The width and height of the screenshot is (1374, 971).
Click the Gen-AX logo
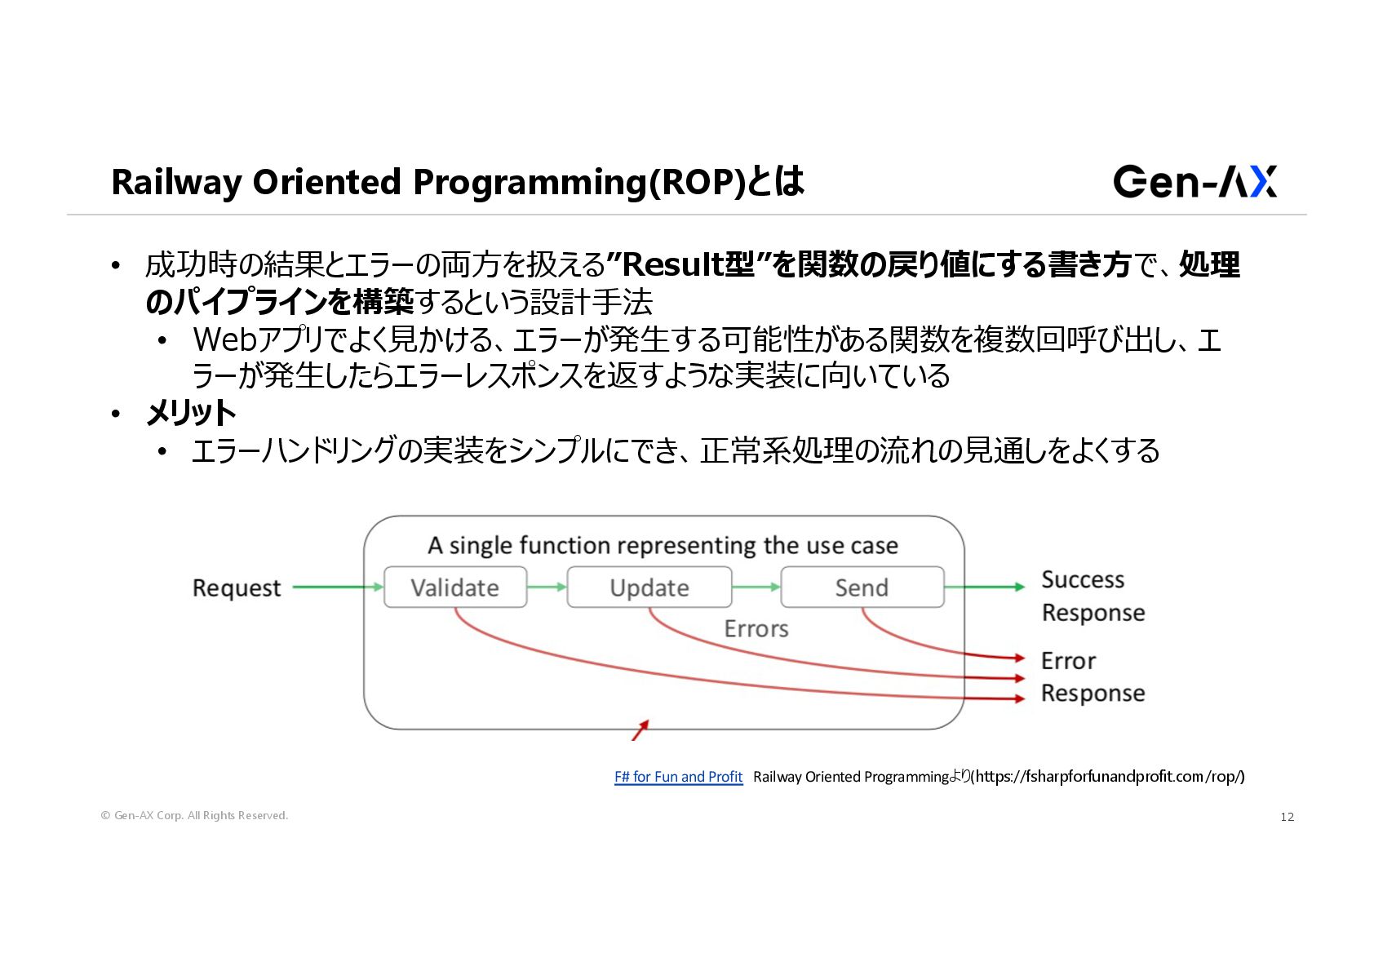1194,181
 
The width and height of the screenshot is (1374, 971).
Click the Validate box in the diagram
455,587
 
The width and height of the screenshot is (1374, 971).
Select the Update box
649,587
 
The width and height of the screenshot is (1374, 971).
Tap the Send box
862,587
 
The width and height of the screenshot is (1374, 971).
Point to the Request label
237,588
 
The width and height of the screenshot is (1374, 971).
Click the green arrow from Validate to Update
547,587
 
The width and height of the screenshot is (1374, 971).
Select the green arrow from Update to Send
756,587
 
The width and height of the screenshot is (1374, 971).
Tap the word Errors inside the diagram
756,629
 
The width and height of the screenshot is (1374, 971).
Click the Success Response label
1093,596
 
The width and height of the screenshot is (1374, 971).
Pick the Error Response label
1093,676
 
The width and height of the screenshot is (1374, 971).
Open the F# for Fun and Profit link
678,777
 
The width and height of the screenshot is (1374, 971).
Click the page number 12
1287,817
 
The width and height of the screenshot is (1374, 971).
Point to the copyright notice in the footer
194,815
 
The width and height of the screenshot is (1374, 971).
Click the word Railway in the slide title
176,182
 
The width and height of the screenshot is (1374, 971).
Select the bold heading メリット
191,413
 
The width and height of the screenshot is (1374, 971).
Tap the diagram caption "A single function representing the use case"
663,545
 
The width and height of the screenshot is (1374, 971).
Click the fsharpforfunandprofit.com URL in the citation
1110,777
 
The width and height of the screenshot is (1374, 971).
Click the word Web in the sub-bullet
224,339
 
